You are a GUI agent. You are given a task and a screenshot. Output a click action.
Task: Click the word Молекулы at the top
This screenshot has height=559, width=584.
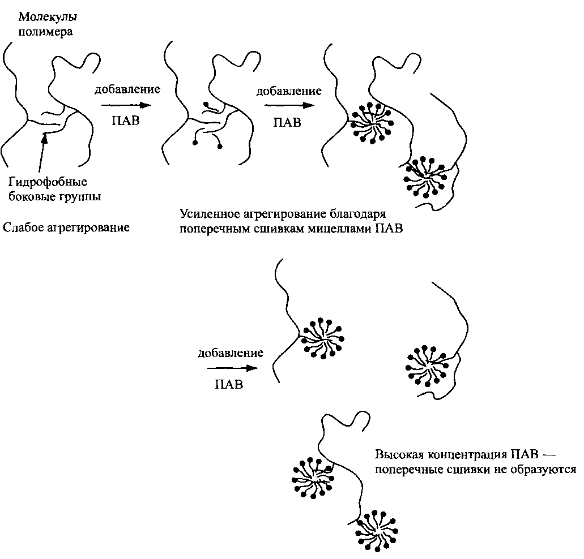48,18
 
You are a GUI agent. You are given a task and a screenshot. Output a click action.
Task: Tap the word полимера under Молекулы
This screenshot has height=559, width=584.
45,32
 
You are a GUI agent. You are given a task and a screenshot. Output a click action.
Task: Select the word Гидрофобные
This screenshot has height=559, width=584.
48,183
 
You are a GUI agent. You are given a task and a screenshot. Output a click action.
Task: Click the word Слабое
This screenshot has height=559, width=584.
23,227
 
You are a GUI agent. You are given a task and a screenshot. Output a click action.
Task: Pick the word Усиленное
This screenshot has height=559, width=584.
210,214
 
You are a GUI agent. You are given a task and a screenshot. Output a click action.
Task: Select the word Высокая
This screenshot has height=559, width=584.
399,454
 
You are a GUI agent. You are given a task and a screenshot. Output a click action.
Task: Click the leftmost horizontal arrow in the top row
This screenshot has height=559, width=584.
126,105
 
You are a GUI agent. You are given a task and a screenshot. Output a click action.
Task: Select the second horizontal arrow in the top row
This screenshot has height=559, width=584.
289,105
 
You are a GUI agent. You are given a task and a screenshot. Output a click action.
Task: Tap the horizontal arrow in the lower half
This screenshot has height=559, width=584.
233,368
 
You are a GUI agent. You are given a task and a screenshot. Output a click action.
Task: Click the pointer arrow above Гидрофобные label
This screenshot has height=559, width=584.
42,152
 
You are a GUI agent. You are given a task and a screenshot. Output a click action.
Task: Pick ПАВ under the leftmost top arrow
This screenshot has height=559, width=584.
126,121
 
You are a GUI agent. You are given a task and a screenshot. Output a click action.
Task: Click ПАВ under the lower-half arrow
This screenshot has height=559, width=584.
229,384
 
